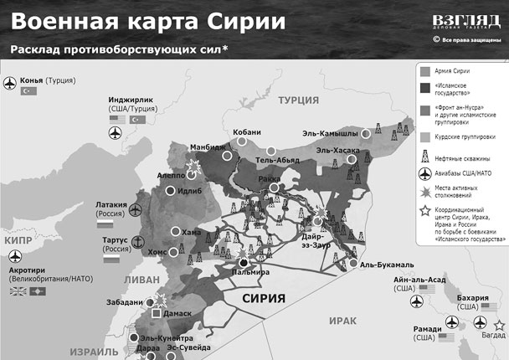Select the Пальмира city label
(251, 273)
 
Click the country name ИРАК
(343, 321)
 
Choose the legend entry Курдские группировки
(465, 136)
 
